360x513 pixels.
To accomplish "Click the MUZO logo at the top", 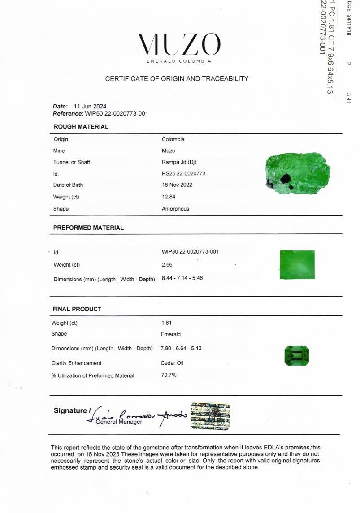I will pos(179,45).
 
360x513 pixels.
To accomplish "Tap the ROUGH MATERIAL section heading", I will pos(81,127).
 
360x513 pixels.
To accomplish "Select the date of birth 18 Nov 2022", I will pos(177,185).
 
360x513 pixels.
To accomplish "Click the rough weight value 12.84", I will pos(168,197).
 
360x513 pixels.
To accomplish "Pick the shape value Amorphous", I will pos(175,209).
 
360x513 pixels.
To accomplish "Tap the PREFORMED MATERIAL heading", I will pos(88,228).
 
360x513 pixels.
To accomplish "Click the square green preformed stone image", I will pos(297,264).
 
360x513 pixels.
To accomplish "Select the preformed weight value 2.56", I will pos(167,265).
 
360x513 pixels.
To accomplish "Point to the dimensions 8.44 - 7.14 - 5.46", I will pos(182,278).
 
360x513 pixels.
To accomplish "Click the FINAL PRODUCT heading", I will pos(77,309).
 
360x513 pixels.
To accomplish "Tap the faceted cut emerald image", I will pos(297,355).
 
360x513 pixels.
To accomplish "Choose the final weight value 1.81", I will pos(166,323).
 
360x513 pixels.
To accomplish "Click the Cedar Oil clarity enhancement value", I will pos(172,363).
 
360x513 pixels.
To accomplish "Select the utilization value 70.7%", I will pos(169,375).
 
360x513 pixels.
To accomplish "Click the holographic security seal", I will pos(210,416).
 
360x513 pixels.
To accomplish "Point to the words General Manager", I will pos(119,422).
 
